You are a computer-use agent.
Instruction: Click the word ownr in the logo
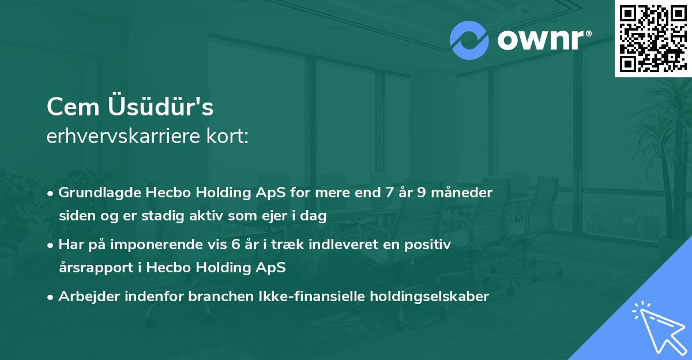[x=543, y=40]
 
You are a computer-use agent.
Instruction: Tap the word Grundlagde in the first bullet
[x=93, y=193]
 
